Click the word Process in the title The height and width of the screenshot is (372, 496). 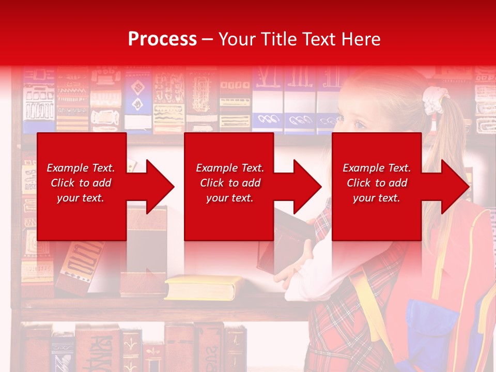(x=162, y=39)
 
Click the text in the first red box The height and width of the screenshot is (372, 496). (x=81, y=183)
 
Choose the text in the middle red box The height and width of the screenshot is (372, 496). (x=230, y=183)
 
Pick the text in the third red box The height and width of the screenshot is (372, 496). (x=377, y=183)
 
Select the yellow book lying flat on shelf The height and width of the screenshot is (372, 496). (x=203, y=287)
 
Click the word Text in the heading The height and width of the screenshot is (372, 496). (x=317, y=39)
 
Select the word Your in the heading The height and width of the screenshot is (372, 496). (x=237, y=39)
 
